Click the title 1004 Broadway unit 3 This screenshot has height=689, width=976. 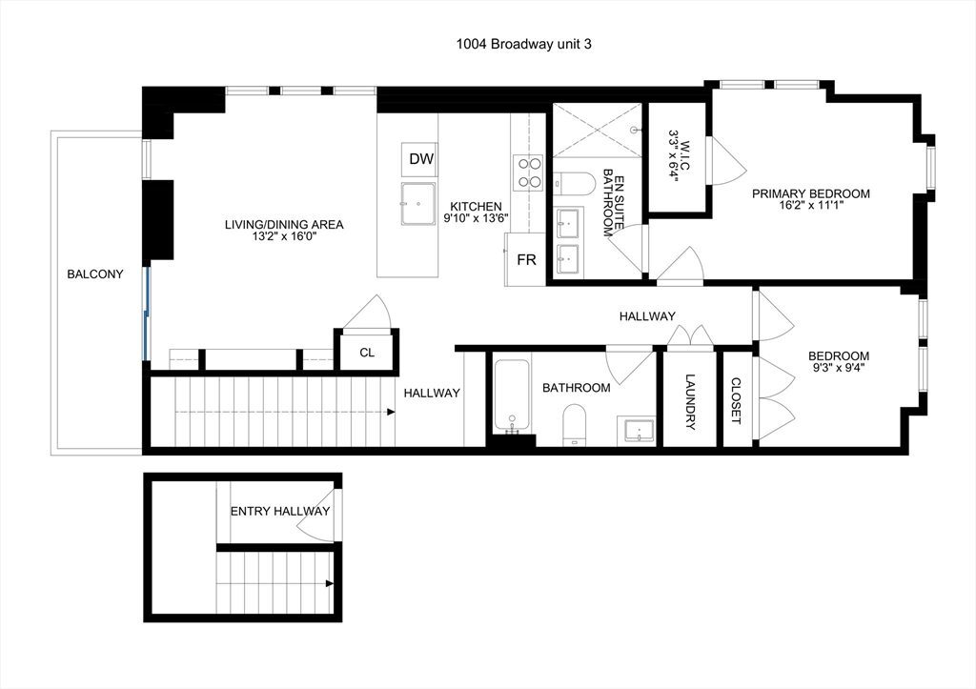click(x=523, y=44)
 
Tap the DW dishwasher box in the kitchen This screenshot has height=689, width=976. click(x=419, y=159)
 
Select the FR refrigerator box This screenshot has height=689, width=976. click(x=525, y=259)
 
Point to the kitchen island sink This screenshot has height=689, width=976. click(x=418, y=204)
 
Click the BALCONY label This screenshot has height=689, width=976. click(x=95, y=274)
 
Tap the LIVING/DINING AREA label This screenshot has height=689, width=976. click(x=284, y=225)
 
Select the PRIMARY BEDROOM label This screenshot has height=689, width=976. click(x=810, y=193)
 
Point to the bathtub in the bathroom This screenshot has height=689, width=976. click(x=512, y=395)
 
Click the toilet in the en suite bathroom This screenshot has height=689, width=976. click(x=575, y=184)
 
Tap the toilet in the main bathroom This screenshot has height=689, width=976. click(x=575, y=425)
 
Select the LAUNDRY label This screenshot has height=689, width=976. click(x=690, y=401)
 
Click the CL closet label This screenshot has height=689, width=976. click(x=367, y=353)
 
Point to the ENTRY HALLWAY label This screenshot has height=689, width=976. click(x=280, y=511)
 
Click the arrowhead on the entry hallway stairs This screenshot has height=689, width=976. click(x=330, y=583)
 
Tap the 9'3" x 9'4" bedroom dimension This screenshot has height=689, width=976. click(x=839, y=367)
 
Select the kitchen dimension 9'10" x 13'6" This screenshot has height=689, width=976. click(x=477, y=218)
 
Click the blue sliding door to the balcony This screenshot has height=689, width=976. click(x=147, y=314)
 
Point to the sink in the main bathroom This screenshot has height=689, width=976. click(x=637, y=431)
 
